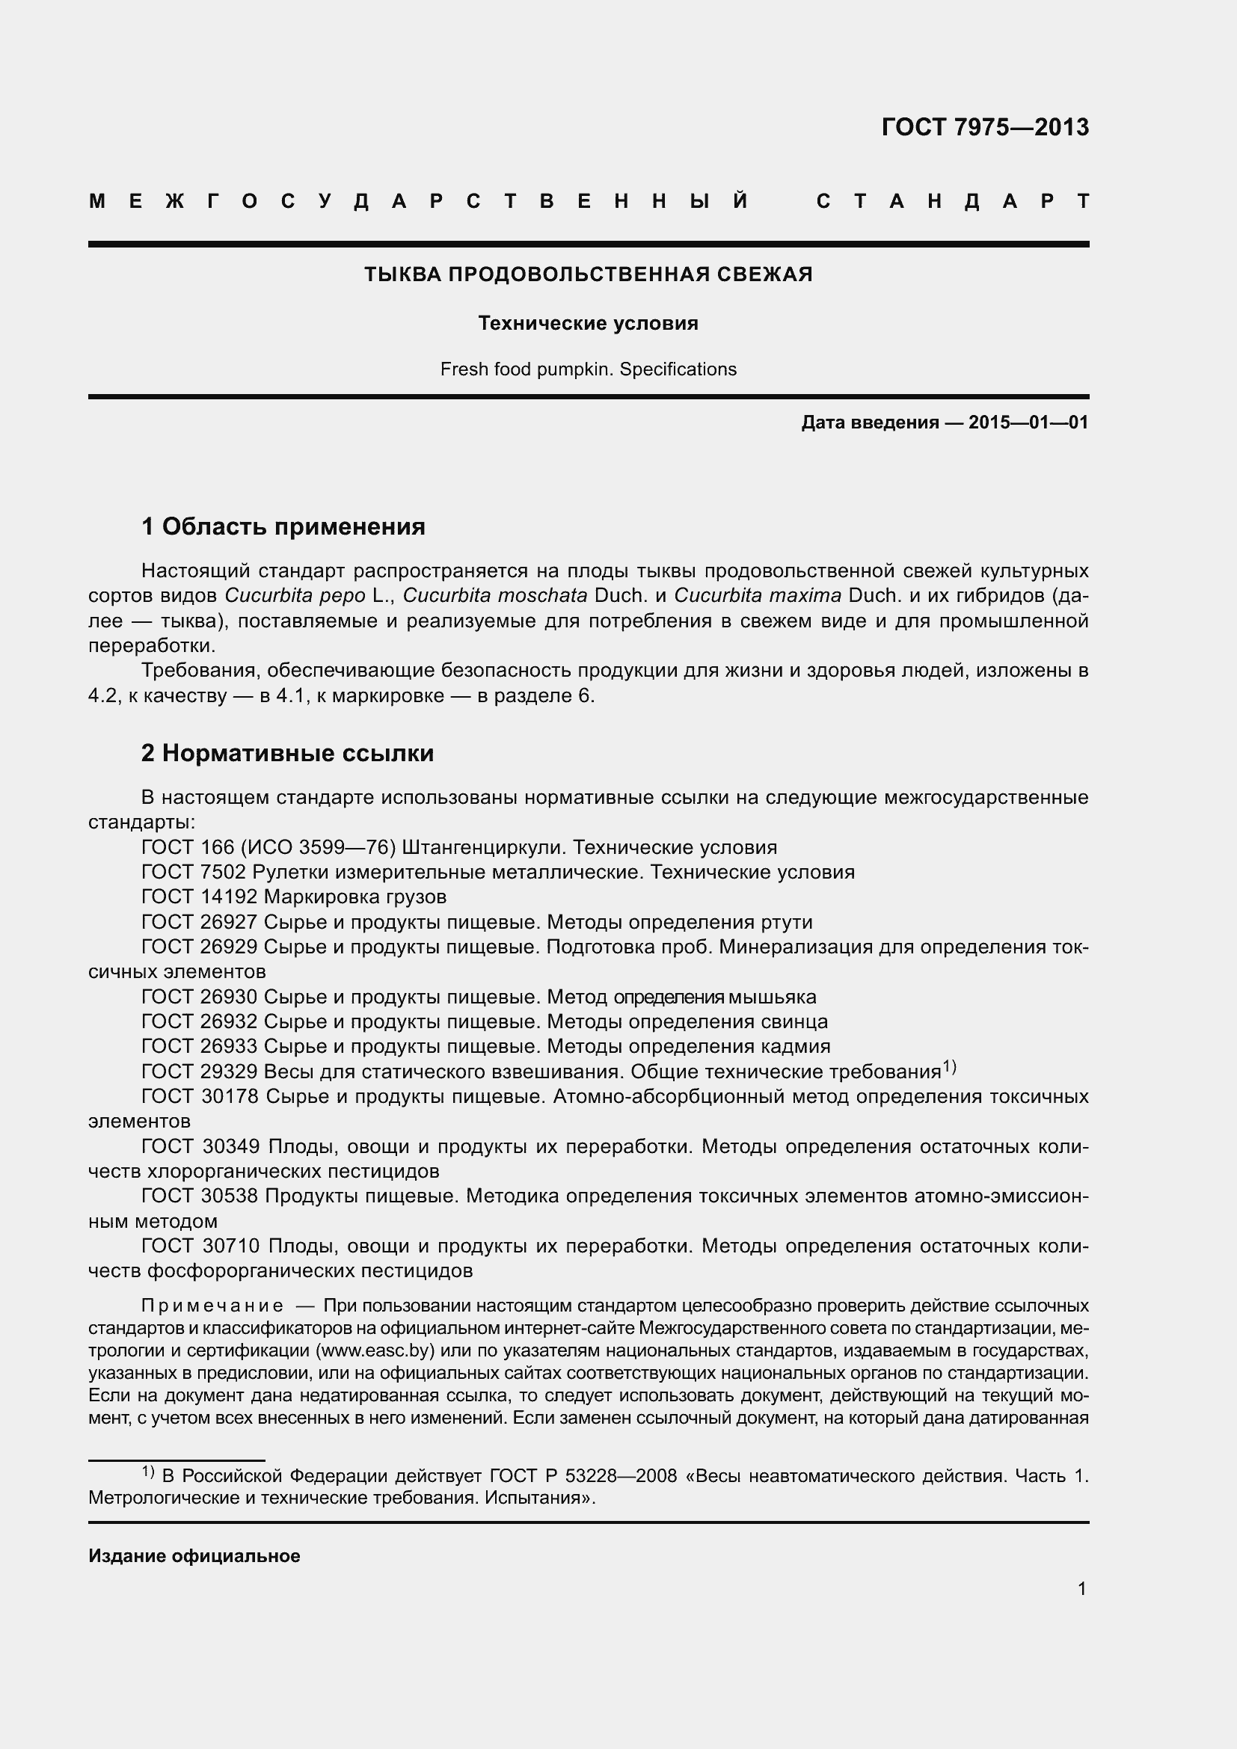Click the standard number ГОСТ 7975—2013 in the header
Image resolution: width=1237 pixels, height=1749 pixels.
coord(985,127)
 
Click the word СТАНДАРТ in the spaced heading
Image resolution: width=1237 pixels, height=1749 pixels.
coord(953,201)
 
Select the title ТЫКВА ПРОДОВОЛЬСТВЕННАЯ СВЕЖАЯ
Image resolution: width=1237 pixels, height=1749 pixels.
coord(588,274)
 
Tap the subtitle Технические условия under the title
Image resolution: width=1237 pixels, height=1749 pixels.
coord(588,324)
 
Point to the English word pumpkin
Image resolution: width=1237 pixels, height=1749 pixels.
coord(574,369)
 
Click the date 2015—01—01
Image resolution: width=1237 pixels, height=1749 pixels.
coord(1028,422)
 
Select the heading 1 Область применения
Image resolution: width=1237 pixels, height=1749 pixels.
coord(283,526)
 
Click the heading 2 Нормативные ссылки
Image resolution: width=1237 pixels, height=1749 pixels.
coord(287,754)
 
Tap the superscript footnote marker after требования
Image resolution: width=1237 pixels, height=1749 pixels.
coord(949,1067)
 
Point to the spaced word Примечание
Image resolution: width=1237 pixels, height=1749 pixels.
coord(212,1306)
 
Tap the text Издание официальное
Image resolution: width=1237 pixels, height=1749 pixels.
coord(194,1555)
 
